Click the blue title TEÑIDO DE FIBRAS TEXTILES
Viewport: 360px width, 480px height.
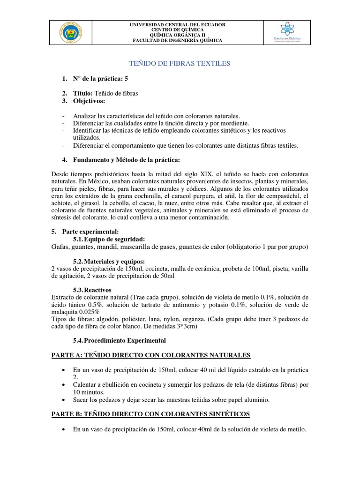pyautogui.click(x=180, y=63)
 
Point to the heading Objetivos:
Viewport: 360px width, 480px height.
pyautogui.click(x=89, y=101)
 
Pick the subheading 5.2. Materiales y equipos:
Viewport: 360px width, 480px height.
pyautogui.click(x=109, y=261)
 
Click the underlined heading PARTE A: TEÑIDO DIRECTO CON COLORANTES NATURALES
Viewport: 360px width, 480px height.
pyautogui.click(x=150, y=355)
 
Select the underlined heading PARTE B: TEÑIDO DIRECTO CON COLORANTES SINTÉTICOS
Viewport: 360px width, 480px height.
pyautogui.click(x=150, y=414)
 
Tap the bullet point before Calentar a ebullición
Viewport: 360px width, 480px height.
pyautogui.click(x=64, y=384)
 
